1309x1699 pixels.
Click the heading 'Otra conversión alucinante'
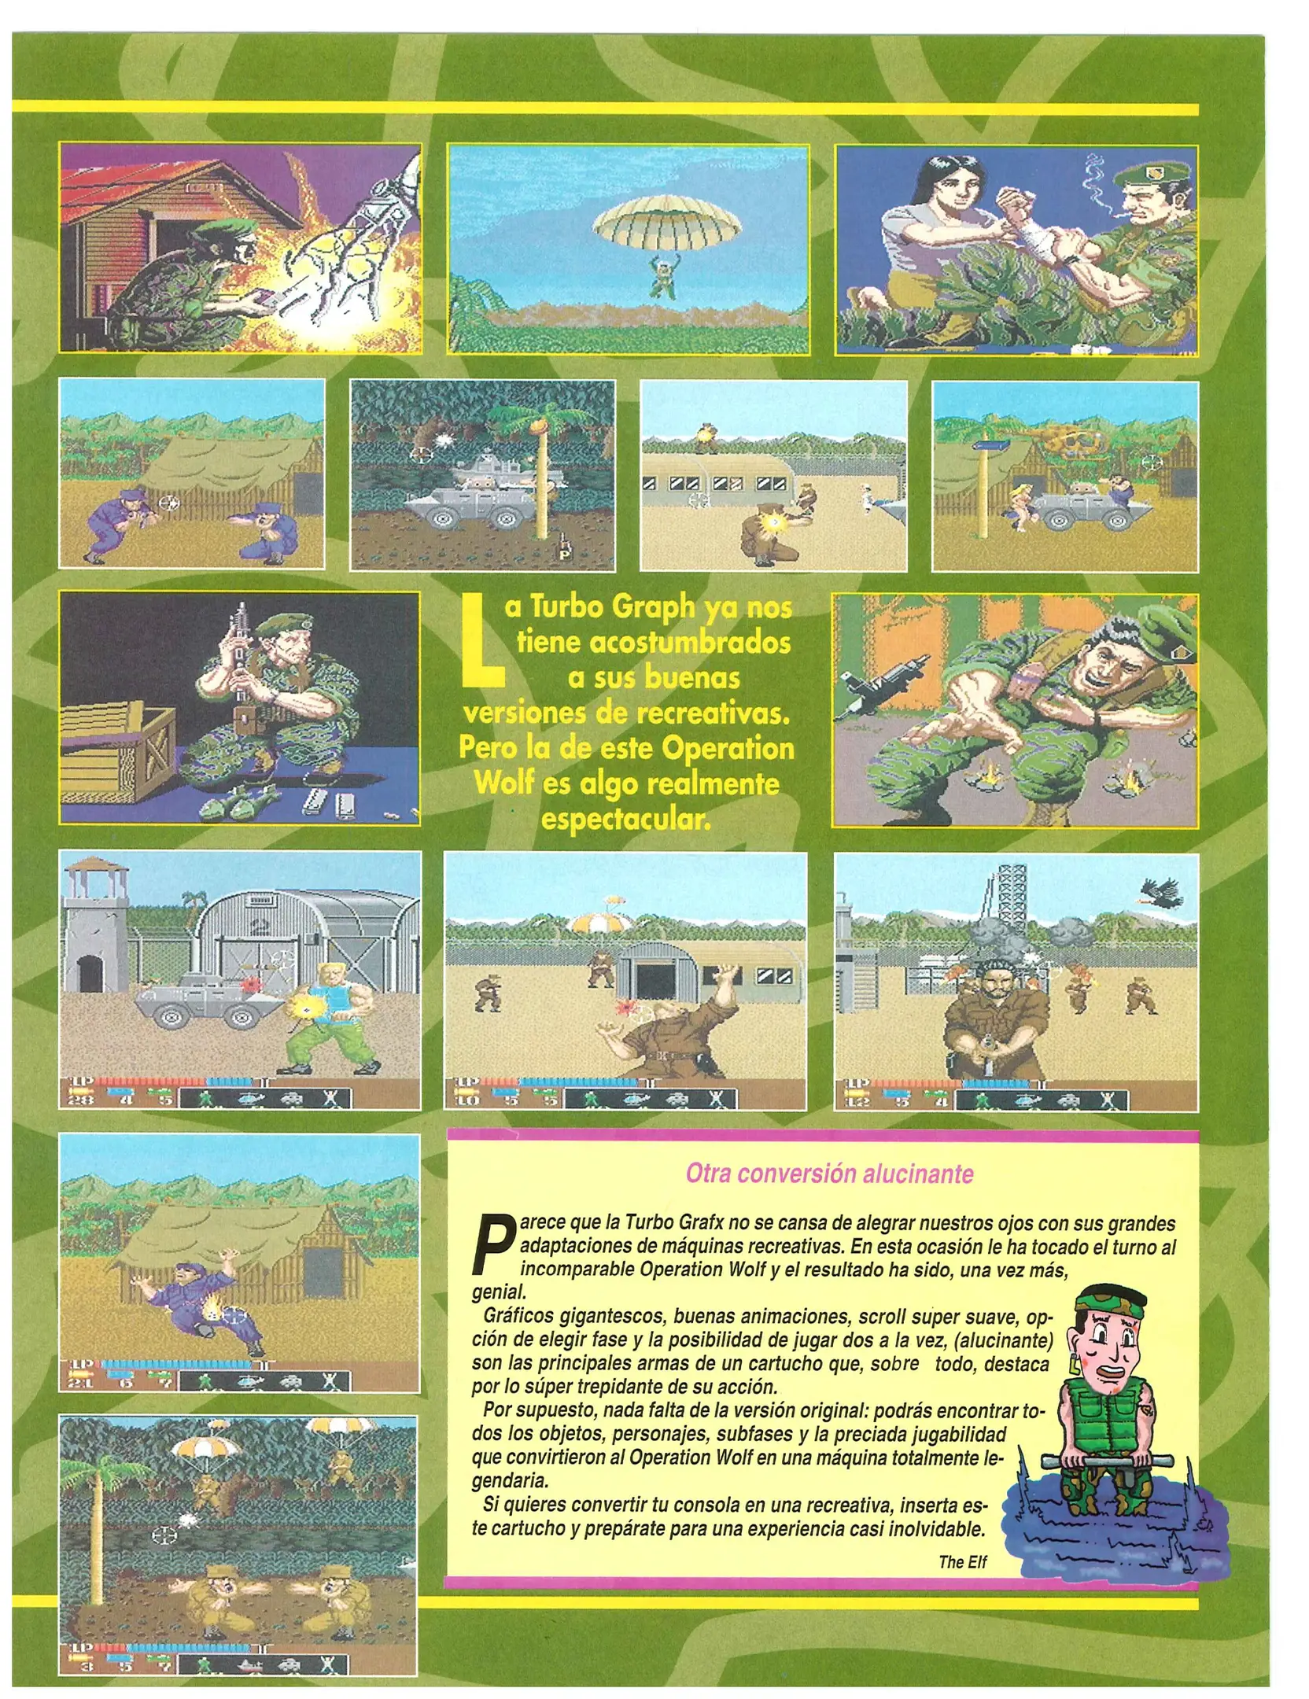[x=829, y=1174]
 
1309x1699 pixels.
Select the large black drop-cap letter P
[x=492, y=1246]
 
